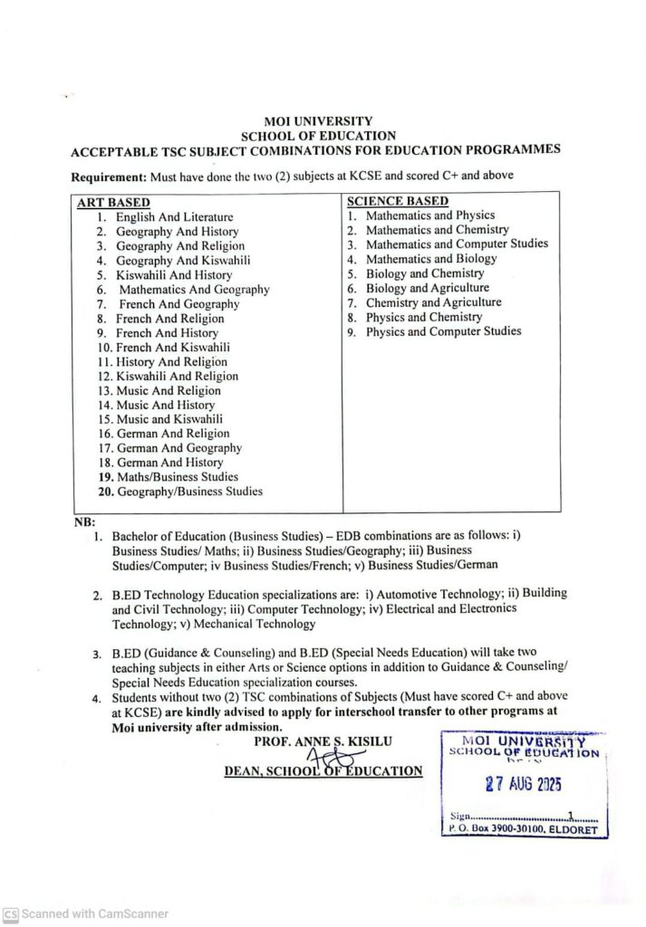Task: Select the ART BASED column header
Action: pyautogui.click(x=114, y=202)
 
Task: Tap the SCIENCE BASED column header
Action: pyautogui.click(x=398, y=201)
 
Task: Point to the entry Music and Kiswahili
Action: pyautogui.click(x=169, y=419)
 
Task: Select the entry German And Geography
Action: pyautogui.click(x=178, y=448)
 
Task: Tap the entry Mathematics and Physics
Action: pyautogui.click(x=429, y=215)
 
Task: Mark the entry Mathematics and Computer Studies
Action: pyautogui.click(x=457, y=244)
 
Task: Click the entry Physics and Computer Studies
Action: pyautogui.click(x=443, y=331)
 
